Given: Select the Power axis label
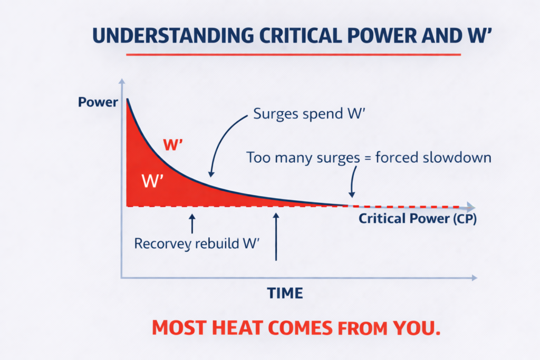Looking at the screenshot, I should tap(98, 102).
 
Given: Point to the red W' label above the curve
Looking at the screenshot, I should tap(173, 145).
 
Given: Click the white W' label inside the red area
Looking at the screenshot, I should tap(153, 181).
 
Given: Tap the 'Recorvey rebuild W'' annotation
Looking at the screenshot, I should tap(199, 244).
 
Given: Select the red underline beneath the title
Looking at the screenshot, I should tap(294, 54).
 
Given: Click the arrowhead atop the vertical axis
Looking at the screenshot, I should tap(122, 82).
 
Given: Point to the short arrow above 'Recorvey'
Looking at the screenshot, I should tap(192, 223).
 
